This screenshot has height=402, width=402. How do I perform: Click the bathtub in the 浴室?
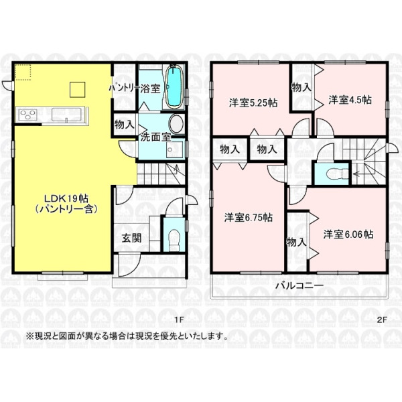(x=174, y=87)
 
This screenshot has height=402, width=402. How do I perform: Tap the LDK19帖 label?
(x=66, y=199)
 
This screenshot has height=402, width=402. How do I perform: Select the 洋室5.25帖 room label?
(x=253, y=103)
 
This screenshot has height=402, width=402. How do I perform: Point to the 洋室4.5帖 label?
(x=350, y=100)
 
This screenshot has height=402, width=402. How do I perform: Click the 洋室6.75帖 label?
(x=249, y=218)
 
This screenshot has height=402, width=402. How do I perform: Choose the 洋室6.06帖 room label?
(x=348, y=234)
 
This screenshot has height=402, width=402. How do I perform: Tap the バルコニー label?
(x=296, y=286)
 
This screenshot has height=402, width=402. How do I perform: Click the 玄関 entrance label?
(x=131, y=238)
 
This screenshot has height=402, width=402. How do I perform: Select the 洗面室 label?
(x=155, y=137)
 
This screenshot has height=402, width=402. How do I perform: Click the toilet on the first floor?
(x=174, y=239)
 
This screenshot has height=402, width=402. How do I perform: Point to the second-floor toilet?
(x=337, y=174)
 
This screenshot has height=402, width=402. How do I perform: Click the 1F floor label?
(x=179, y=320)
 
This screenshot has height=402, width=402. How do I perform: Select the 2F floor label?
(x=381, y=320)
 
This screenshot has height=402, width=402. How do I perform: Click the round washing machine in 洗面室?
(x=177, y=124)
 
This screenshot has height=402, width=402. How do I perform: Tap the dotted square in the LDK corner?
(x=23, y=72)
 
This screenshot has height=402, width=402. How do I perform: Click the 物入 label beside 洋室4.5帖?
(x=301, y=88)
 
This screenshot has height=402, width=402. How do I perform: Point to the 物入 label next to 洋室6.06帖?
(x=296, y=242)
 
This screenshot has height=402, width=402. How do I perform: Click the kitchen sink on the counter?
(x=66, y=115)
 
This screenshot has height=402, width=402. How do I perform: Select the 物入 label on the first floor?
(x=125, y=125)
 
